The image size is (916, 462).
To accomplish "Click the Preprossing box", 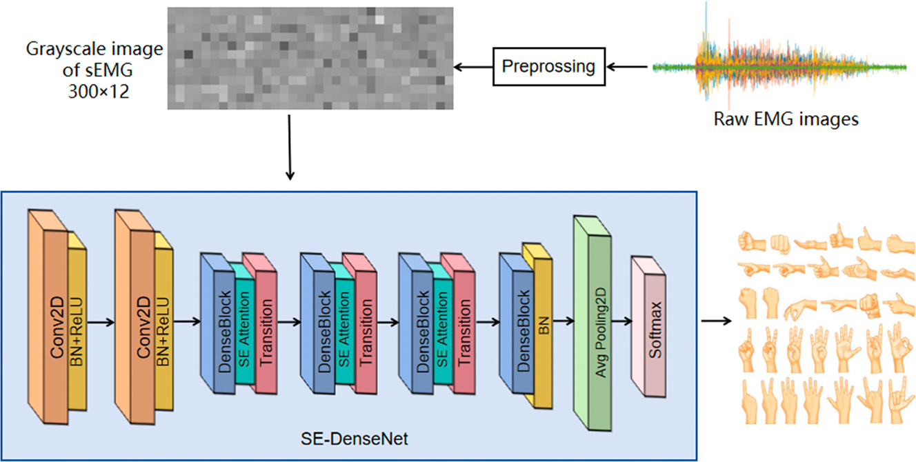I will tap(548, 67).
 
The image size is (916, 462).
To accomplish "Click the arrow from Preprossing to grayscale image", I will tap(472, 67).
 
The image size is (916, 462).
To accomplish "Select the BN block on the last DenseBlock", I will tap(542, 330).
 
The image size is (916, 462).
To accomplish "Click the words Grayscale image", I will tap(94, 50).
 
